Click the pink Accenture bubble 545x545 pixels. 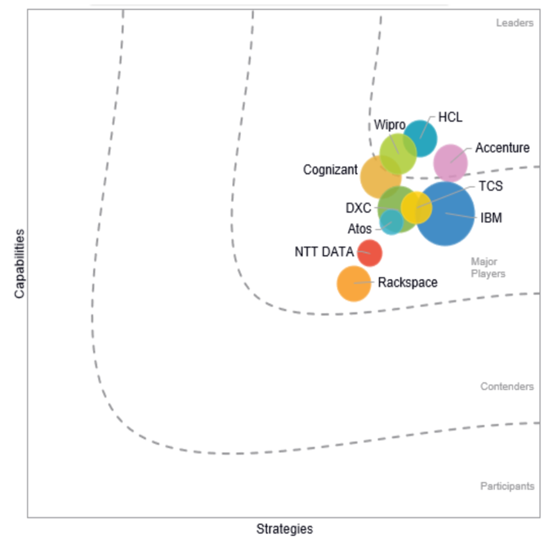[x=450, y=162]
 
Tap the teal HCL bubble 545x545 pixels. [x=421, y=138]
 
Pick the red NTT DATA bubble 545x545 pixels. [x=369, y=253]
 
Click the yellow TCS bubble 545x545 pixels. [x=416, y=207]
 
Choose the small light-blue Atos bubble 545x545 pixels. [x=390, y=222]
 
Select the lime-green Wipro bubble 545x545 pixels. [x=398, y=153]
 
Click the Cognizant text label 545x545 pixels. [x=330, y=170]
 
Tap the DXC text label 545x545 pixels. [x=358, y=208]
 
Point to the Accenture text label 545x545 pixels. [x=502, y=148]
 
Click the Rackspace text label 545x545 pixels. [x=408, y=282]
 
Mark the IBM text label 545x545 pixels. [x=491, y=218]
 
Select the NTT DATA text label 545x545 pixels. [x=324, y=252]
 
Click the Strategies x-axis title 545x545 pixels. [x=285, y=529]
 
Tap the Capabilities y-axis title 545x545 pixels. [x=19, y=264]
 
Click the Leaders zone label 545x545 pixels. [x=514, y=23]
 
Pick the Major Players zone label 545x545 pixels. [x=488, y=267]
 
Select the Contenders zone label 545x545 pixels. [x=507, y=387]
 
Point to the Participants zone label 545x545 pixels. [x=507, y=486]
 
